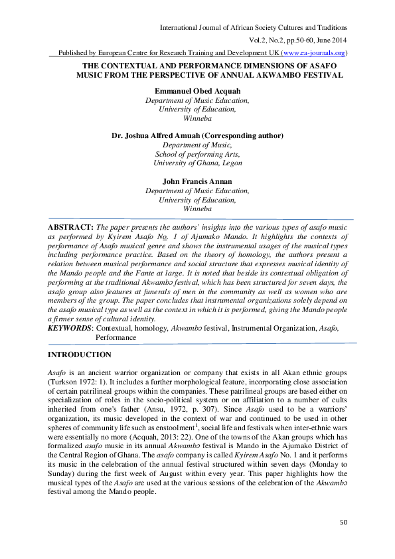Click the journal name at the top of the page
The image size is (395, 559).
tap(254, 27)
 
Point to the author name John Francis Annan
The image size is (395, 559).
tap(197, 181)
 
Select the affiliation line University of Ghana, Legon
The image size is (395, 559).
tap(197, 163)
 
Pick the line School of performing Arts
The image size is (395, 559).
tap(197, 153)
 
